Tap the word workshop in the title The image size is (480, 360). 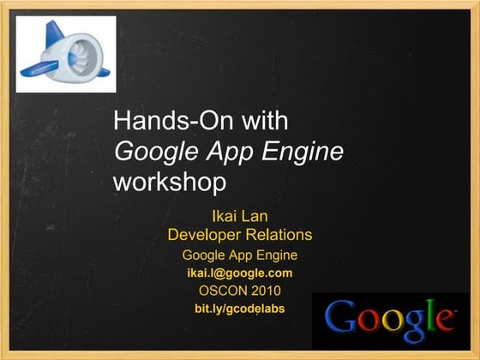click(170, 183)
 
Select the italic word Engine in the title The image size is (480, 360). click(303, 153)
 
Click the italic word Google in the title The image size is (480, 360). click(156, 153)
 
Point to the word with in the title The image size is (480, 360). click(265, 120)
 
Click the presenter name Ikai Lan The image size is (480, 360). click(240, 216)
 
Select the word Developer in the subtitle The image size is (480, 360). click(205, 235)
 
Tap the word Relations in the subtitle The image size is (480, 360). click(279, 235)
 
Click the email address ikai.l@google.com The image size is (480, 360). click(240, 273)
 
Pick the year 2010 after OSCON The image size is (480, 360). click(266, 291)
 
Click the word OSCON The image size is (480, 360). click(223, 291)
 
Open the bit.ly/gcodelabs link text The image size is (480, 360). click(240, 309)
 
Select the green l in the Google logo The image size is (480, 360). click(431, 315)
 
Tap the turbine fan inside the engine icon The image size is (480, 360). click(81, 58)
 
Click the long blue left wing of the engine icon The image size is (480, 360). click(39, 69)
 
